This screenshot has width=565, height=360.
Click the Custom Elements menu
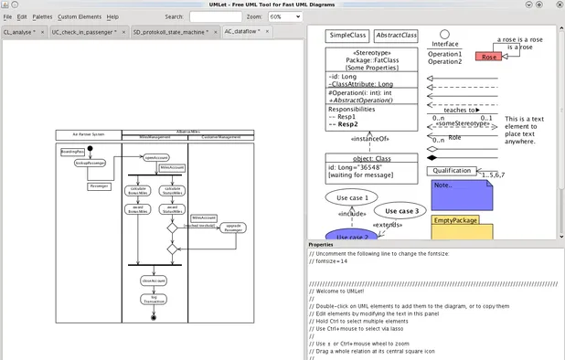(x=80, y=16)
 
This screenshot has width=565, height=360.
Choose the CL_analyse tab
(x=22, y=31)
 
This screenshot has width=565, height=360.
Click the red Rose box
(x=489, y=57)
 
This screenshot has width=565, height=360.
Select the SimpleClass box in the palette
(x=346, y=36)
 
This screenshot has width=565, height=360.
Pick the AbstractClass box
(x=396, y=36)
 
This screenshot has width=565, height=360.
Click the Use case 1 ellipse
(x=352, y=197)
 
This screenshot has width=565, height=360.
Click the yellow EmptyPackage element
(x=462, y=227)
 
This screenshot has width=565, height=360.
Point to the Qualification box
(x=453, y=170)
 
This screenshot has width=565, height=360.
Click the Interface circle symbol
(x=445, y=31)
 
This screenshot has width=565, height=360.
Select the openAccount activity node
(x=156, y=157)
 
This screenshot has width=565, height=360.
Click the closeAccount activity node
(x=153, y=280)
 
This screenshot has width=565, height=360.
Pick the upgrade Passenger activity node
(x=233, y=228)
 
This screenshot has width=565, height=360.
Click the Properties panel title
(x=321, y=245)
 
